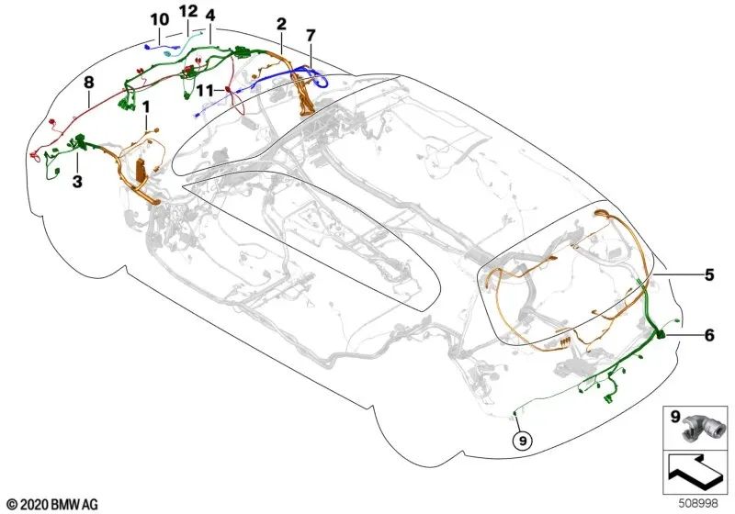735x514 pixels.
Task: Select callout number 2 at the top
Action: (281, 23)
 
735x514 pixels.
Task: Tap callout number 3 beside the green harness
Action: (78, 183)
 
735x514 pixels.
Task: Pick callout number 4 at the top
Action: (212, 17)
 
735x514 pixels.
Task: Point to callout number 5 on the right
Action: (708, 274)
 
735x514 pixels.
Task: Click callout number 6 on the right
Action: (708, 335)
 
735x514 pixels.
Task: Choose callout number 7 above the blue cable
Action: (311, 36)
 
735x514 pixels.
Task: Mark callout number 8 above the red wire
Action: (89, 83)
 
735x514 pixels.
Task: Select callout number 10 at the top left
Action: (159, 19)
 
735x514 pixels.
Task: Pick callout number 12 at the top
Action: (187, 11)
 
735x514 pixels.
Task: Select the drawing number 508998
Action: (704, 504)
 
